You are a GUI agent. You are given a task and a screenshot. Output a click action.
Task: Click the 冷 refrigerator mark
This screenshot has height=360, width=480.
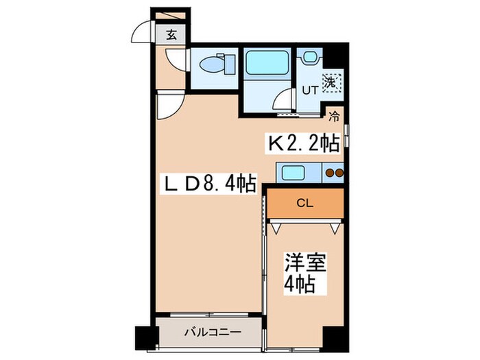pyautogui.click(x=334, y=116)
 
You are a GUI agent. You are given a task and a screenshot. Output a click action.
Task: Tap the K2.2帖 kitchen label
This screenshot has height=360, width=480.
pyautogui.click(x=302, y=143)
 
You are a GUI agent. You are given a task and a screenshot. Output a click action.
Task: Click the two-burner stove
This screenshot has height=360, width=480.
pyautogui.click(x=333, y=173)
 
